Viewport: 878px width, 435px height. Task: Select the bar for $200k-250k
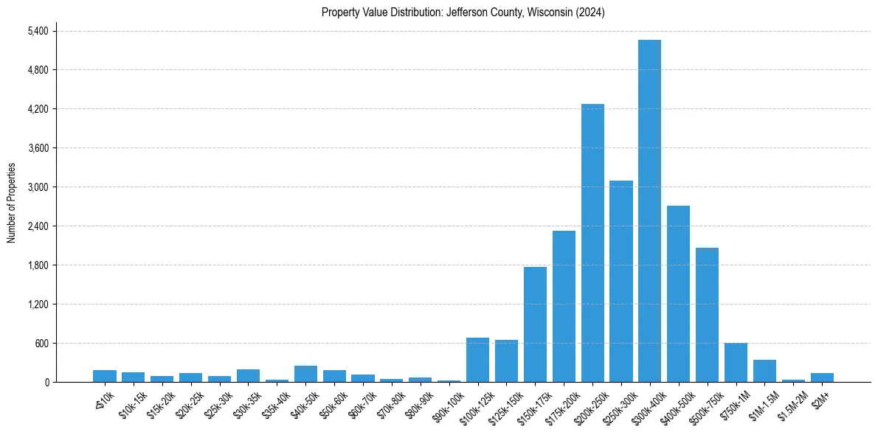coord(592,243)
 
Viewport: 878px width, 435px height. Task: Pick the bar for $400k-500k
coord(678,294)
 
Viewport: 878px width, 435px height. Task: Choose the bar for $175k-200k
coord(564,307)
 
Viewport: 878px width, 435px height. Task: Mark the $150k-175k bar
coord(535,324)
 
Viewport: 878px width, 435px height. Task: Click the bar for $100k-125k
coord(477,360)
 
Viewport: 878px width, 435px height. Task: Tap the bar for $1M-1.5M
coord(764,371)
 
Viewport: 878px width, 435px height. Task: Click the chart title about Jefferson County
coord(463,13)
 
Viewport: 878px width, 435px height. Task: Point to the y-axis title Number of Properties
coord(11,203)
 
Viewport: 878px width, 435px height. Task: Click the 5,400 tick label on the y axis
coord(37,31)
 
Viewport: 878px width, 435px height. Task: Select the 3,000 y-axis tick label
coord(37,187)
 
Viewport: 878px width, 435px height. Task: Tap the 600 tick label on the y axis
coord(41,344)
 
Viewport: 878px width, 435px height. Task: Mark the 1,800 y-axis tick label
coord(37,265)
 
